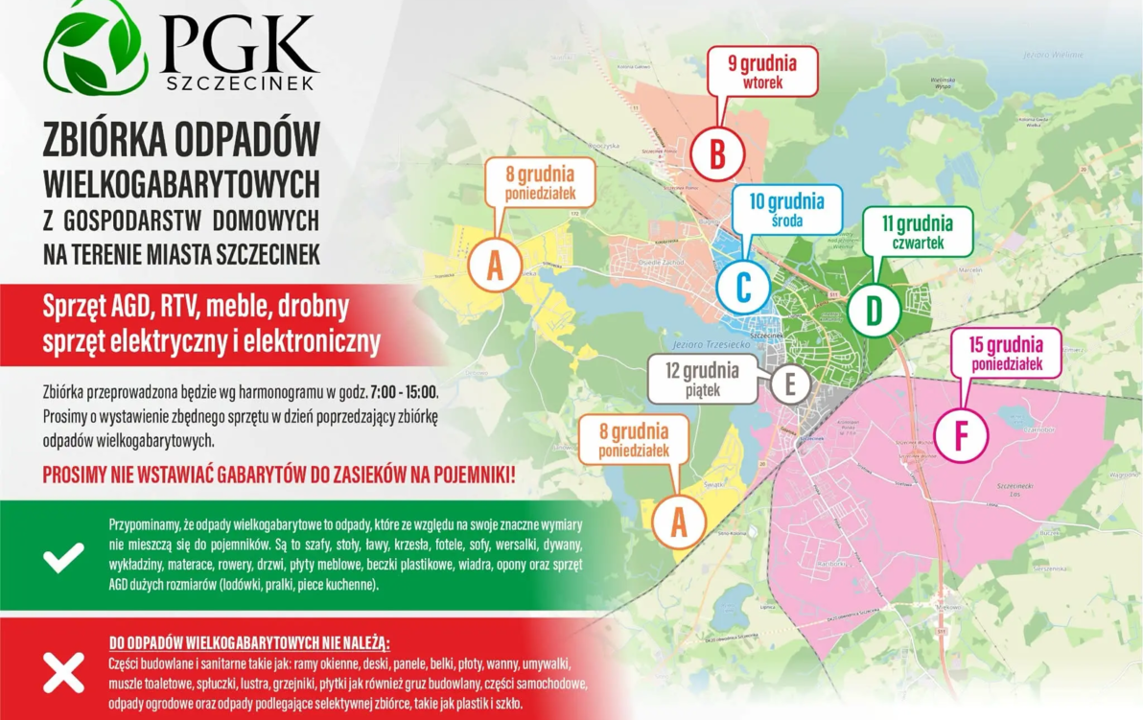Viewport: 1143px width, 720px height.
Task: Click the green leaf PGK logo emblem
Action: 96,48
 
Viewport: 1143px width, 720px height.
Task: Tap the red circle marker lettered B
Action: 716,154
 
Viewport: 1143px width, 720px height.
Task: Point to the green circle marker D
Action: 874,310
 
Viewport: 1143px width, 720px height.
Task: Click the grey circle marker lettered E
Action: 790,383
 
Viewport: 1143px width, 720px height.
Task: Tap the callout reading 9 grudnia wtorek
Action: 763,72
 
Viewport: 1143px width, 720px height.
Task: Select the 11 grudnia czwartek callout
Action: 918,232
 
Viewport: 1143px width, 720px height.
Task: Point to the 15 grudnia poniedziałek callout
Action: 1006,354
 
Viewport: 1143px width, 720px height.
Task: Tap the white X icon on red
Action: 63,673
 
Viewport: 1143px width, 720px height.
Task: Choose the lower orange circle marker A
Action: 679,522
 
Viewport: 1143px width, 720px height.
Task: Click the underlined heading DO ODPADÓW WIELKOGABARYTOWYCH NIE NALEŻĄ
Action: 249,642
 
